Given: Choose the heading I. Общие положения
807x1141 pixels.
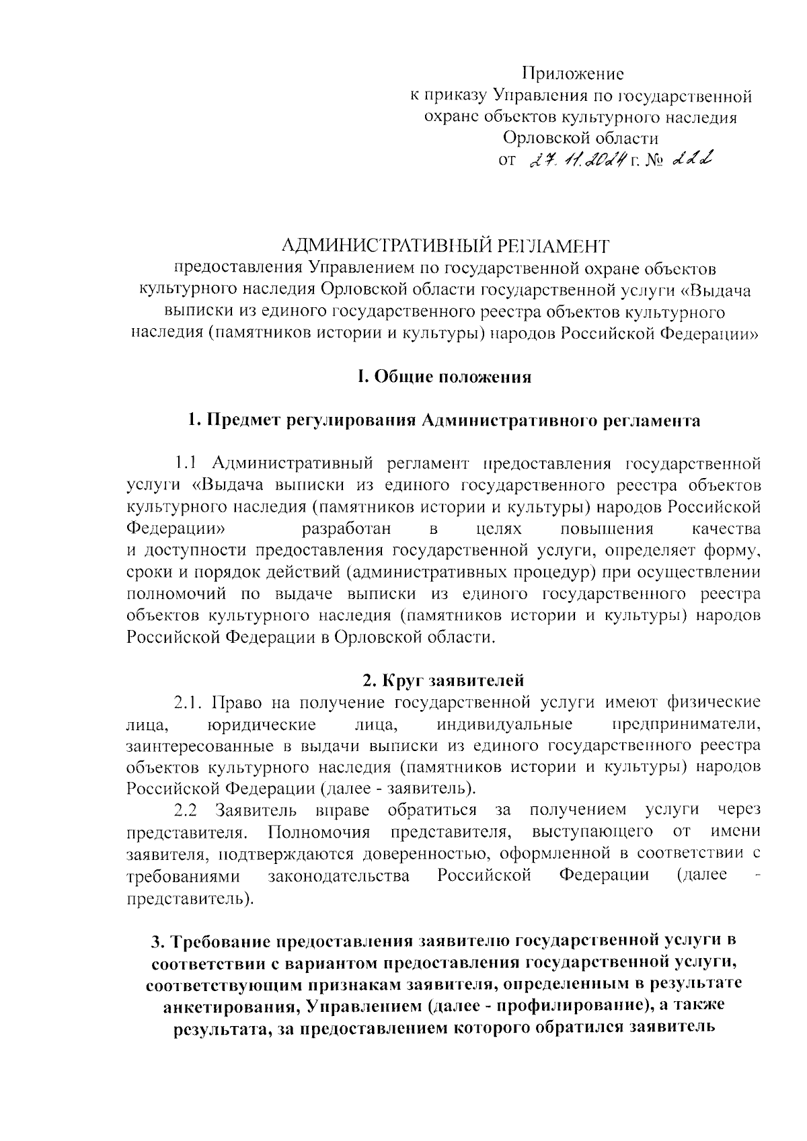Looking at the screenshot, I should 444,377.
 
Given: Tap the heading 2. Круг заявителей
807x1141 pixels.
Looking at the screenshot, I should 443,680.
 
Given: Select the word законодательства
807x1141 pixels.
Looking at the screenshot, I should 339,875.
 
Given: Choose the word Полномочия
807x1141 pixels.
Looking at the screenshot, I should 319,832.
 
